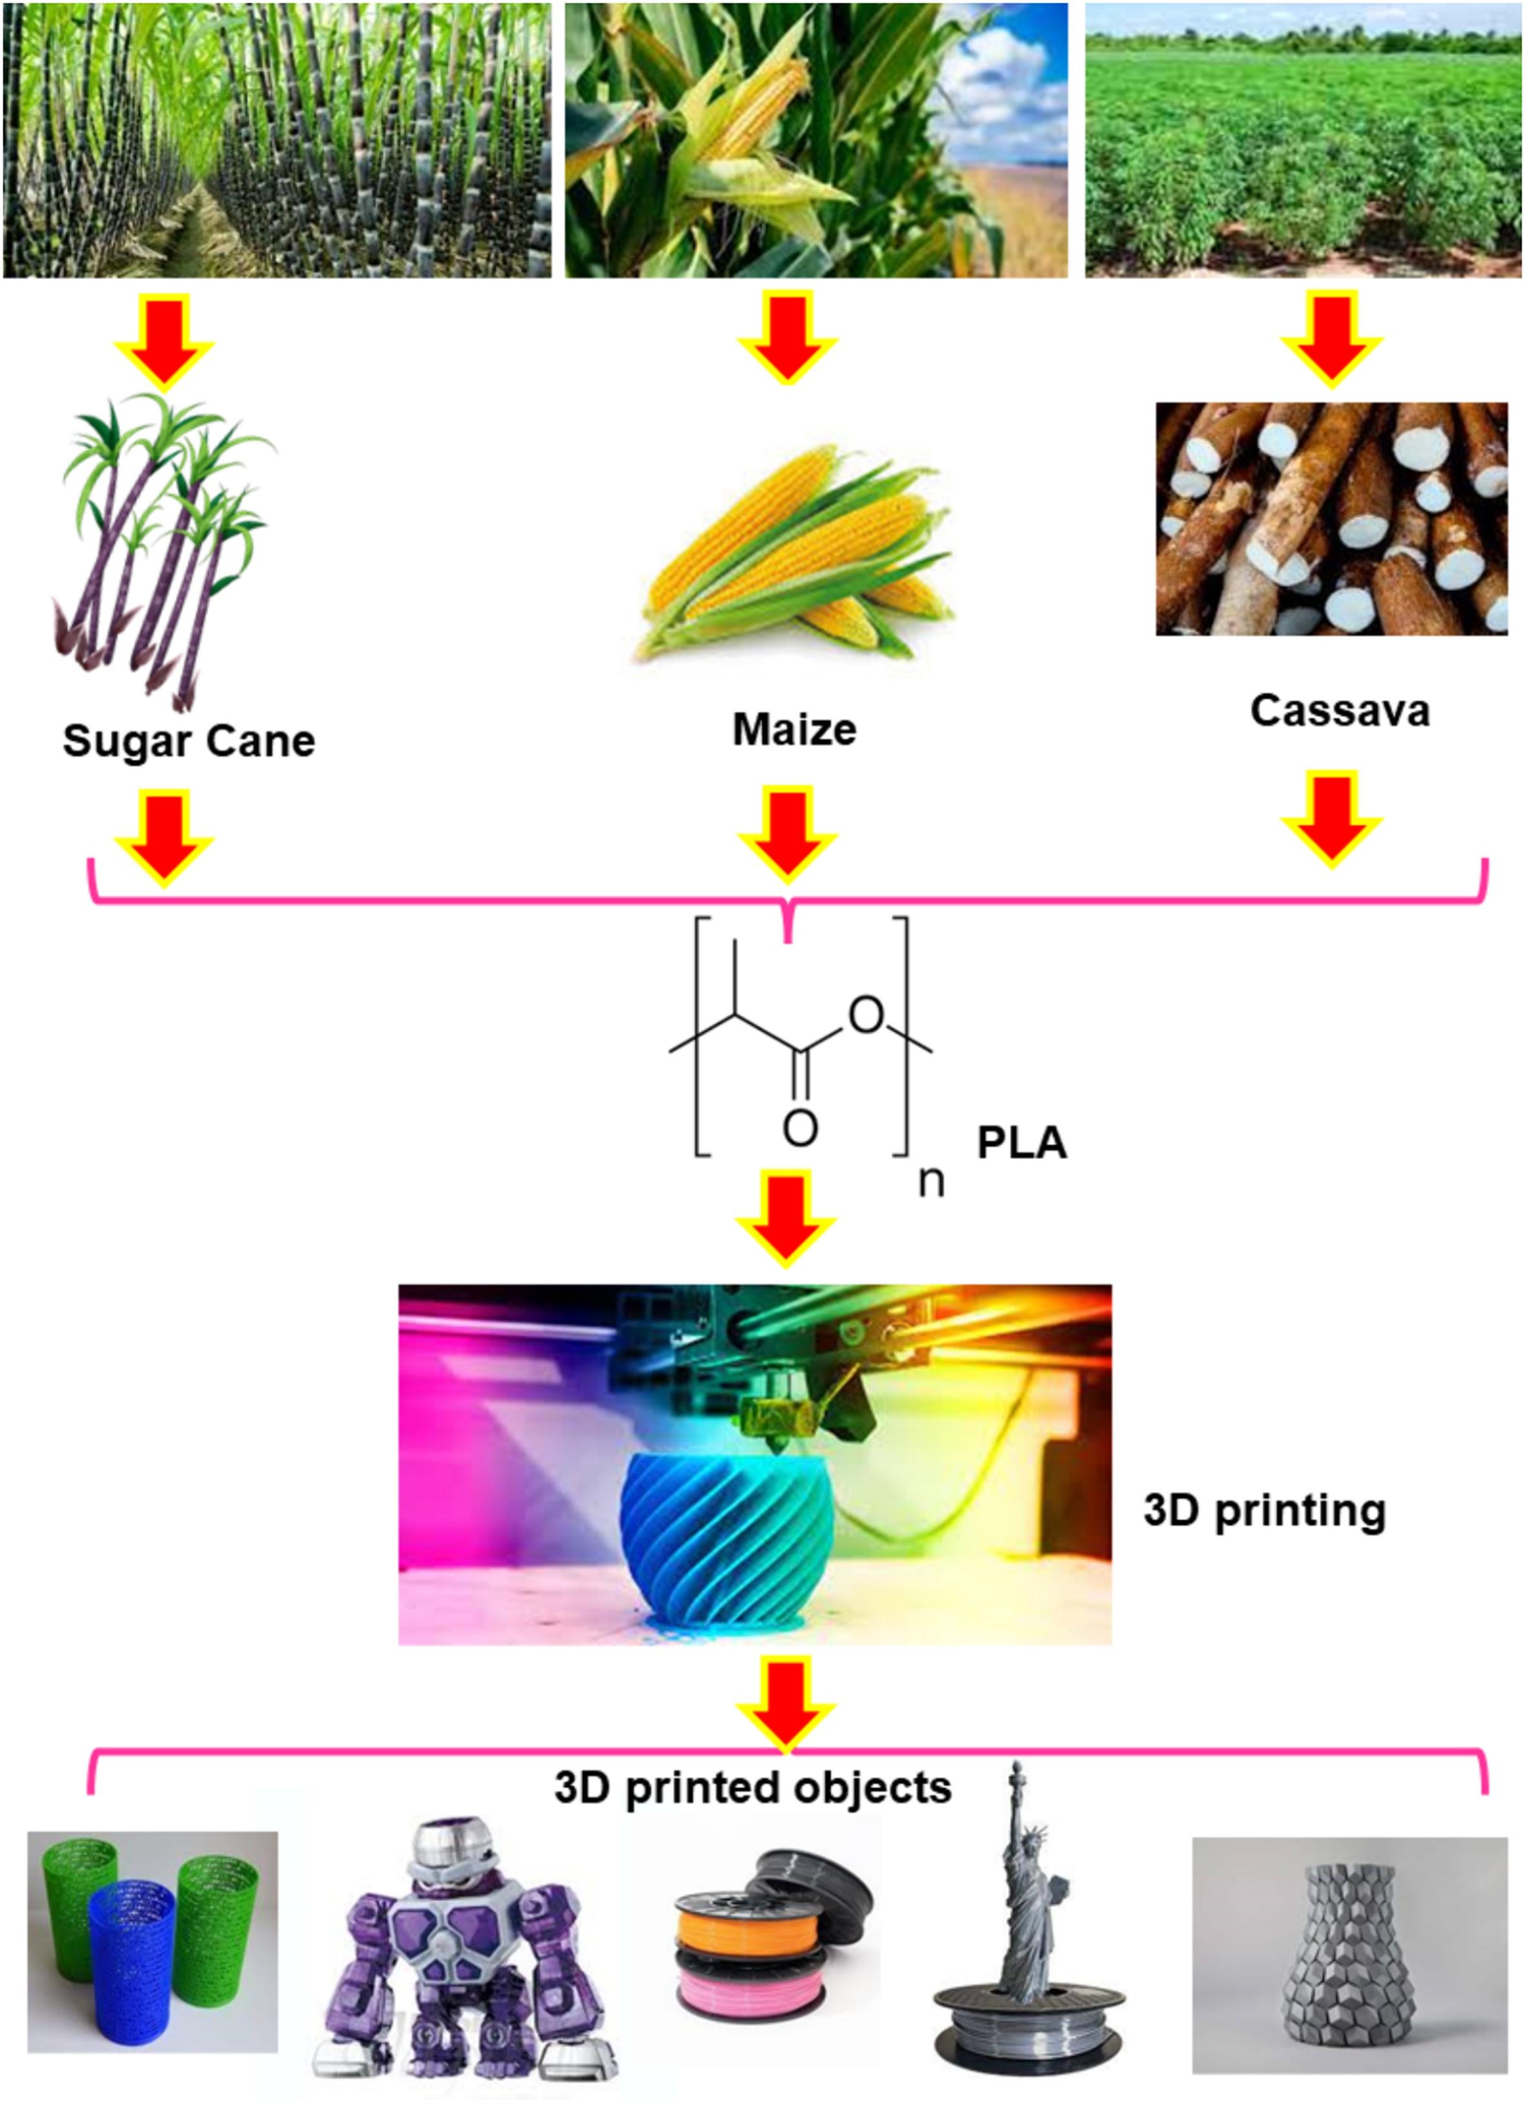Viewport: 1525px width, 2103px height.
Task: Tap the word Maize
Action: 795,730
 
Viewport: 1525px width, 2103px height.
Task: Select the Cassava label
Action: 1340,711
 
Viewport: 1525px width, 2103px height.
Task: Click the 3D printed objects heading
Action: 753,1786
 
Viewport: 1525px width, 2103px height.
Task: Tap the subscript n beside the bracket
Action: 931,1182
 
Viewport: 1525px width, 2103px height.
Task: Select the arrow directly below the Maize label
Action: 787,832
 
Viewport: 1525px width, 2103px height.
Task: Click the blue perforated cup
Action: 132,1944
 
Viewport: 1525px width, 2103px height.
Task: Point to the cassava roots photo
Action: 1331,518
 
